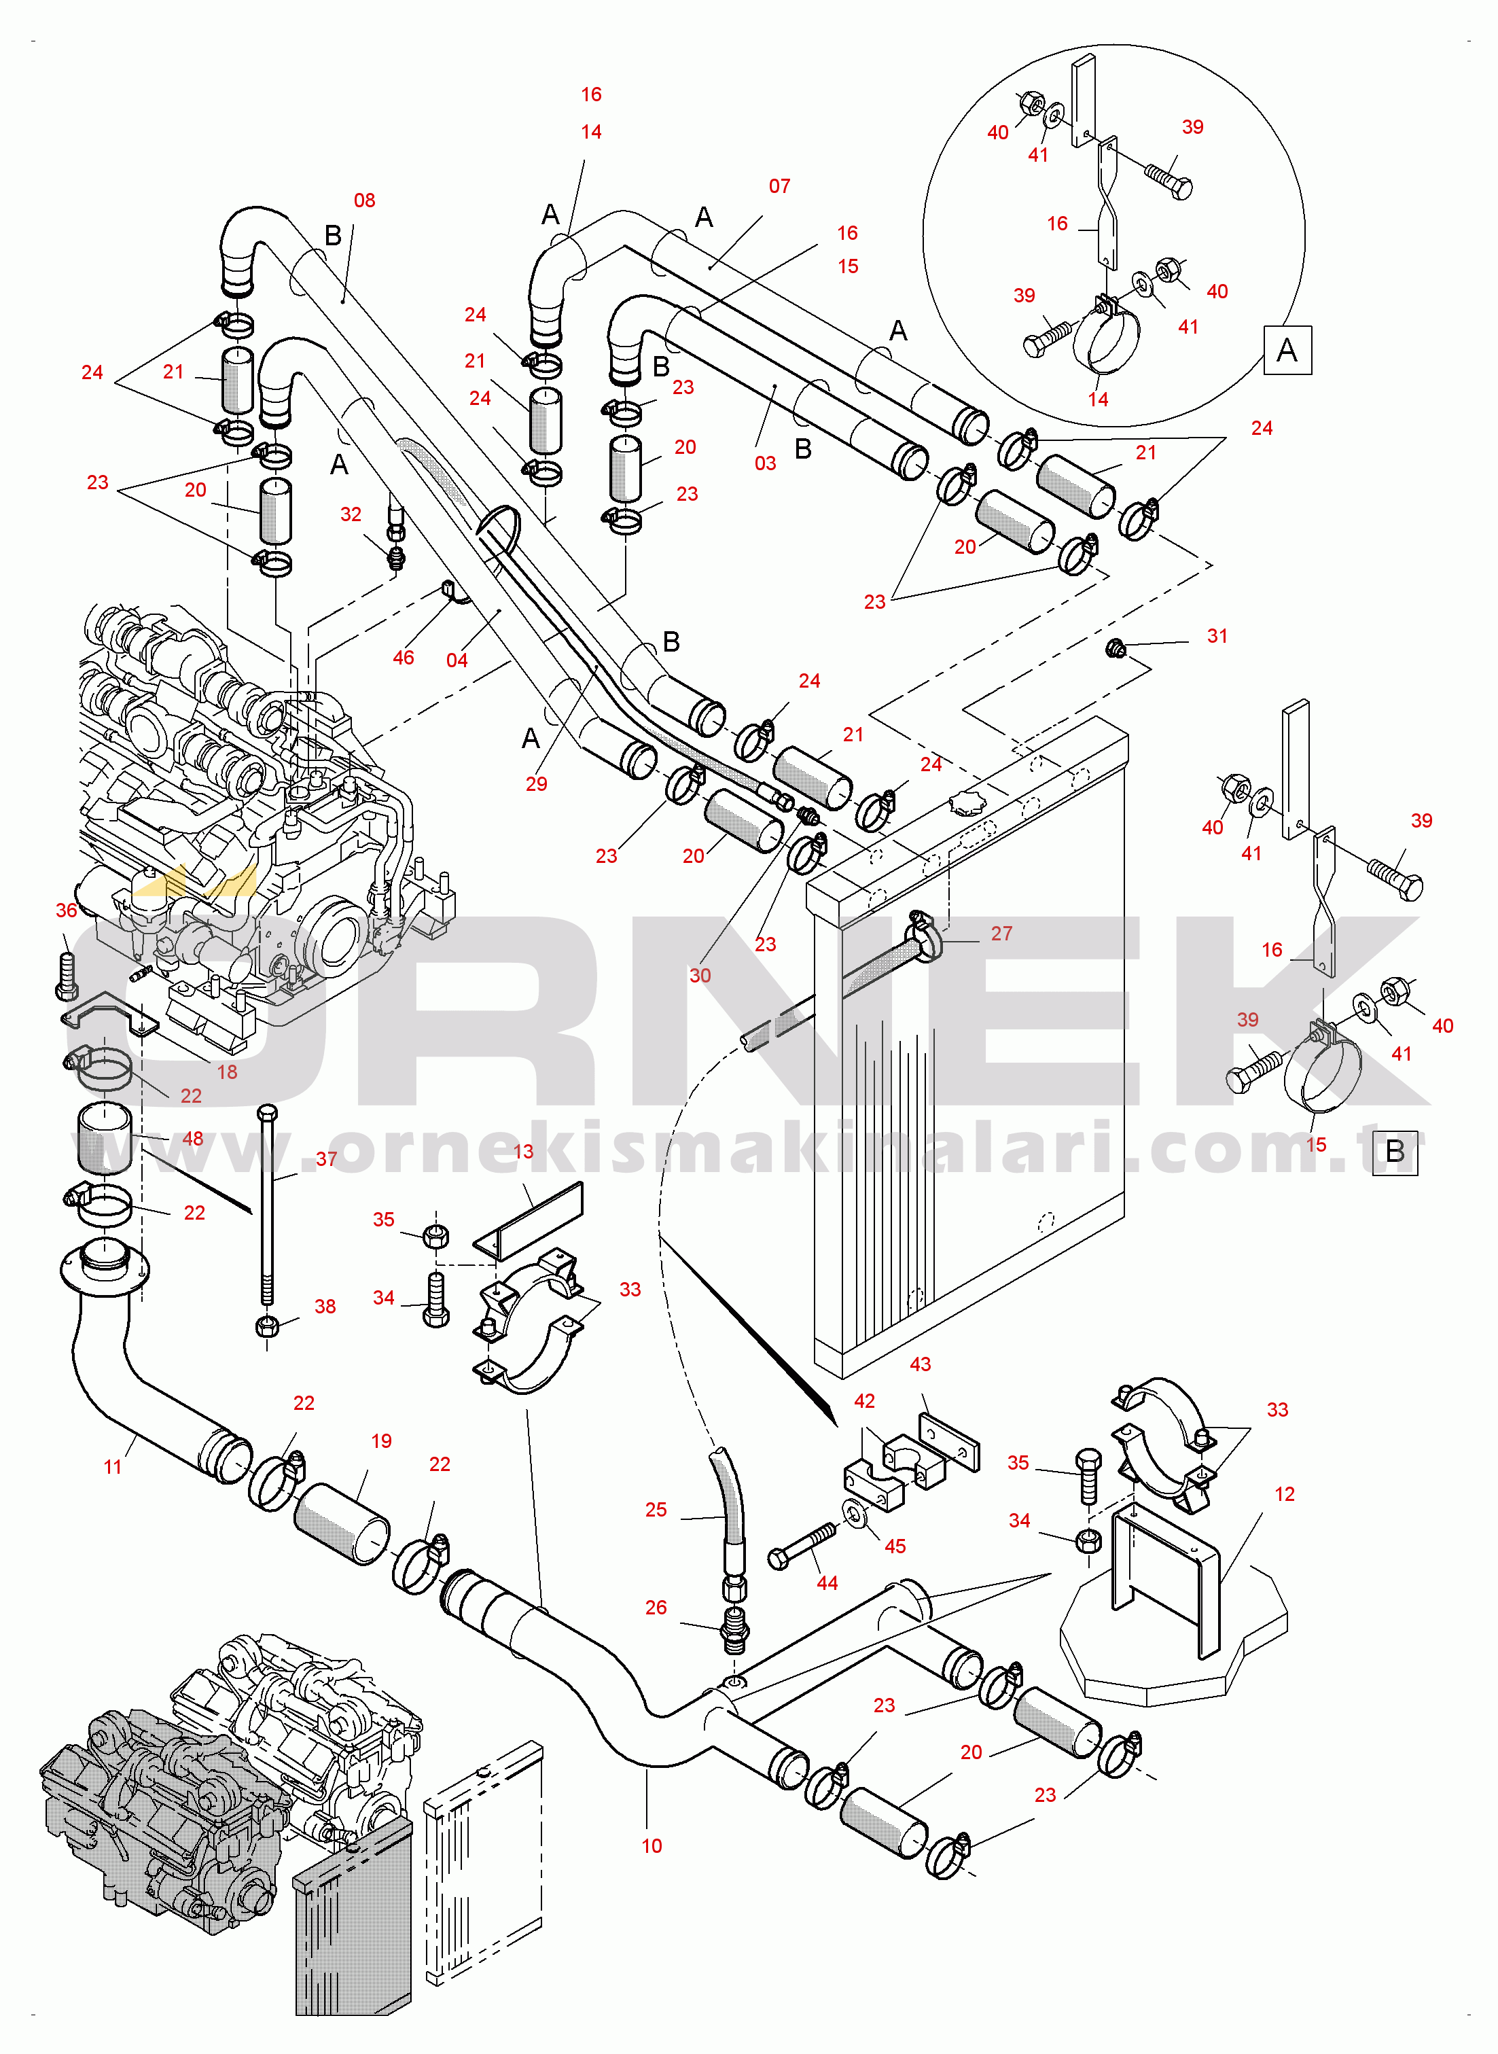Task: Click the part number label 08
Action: tap(365, 200)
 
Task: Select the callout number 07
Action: tap(779, 186)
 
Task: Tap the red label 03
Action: tap(766, 463)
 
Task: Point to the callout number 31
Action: tap(1217, 637)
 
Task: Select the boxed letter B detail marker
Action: tap(1395, 1152)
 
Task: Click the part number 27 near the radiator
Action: tap(1001, 933)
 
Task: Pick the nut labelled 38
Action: tap(266, 1326)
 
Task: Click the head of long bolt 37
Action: tap(266, 1113)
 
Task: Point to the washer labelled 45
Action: tap(853, 1512)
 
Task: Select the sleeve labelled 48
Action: tap(105, 1138)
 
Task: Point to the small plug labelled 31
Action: tap(1116, 648)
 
